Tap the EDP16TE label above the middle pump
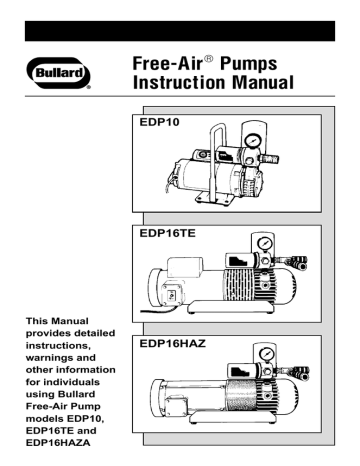click(168, 236)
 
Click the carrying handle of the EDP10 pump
click(217, 150)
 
